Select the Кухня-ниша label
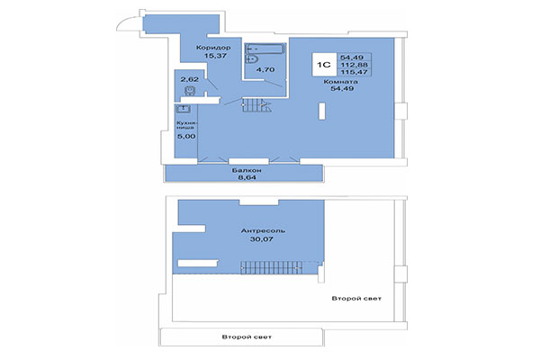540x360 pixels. coord(184,124)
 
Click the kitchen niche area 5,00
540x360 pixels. coord(184,138)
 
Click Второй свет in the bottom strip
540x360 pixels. coord(246,337)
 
